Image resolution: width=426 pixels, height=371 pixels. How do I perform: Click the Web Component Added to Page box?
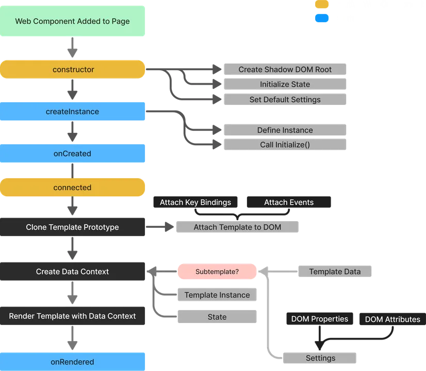point(72,21)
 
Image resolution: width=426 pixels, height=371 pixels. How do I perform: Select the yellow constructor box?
point(73,69)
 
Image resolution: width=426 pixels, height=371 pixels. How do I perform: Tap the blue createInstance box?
point(73,112)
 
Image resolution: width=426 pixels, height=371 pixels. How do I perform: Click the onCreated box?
point(73,153)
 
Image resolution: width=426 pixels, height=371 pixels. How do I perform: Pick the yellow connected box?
point(73,188)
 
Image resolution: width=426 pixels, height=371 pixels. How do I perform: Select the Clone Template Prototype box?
point(73,227)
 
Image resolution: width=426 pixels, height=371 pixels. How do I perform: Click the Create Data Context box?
point(73,271)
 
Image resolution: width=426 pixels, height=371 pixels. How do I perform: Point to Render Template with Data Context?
point(73,316)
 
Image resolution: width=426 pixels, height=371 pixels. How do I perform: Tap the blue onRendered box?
point(73,362)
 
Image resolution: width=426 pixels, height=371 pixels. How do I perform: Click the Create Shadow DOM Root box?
point(285,69)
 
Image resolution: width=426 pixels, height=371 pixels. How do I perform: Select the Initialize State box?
point(285,84)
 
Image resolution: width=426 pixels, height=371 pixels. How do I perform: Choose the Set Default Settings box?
point(285,100)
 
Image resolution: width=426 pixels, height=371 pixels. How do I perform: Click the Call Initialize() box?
point(285,145)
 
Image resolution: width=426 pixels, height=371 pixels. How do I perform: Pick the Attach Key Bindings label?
point(195,202)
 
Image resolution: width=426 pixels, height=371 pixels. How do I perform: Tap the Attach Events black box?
point(289,202)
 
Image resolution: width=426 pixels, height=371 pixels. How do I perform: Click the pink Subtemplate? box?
point(217,271)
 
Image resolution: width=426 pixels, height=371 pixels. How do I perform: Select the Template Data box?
point(335,271)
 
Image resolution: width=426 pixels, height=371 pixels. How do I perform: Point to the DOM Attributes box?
point(392,319)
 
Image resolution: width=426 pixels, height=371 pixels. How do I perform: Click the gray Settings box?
point(320,358)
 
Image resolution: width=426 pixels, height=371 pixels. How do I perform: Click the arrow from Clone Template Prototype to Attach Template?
point(160,227)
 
